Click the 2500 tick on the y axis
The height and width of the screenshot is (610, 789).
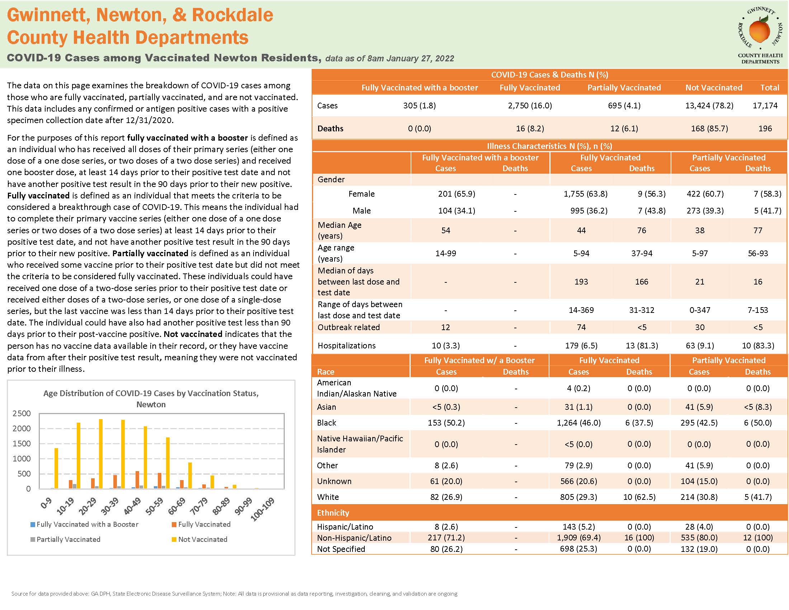coord(22,413)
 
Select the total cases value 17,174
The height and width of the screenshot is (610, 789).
coord(765,105)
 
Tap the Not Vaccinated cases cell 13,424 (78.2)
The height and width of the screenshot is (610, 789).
coord(709,105)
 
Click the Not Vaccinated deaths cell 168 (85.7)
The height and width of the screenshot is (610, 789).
coord(709,128)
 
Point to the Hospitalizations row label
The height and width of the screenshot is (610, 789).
coord(346,346)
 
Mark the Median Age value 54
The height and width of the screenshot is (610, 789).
coord(445,230)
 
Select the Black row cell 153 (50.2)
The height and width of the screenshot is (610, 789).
coord(446,422)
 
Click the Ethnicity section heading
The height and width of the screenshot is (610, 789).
coord(333,512)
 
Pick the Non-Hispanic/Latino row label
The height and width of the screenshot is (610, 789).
coord(354,538)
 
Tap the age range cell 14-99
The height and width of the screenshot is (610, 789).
coord(445,253)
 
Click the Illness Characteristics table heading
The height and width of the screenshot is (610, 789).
coord(549,146)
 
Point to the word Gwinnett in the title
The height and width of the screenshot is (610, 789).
coord(48,15)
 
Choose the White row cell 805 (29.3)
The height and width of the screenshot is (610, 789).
coord(578,497)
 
